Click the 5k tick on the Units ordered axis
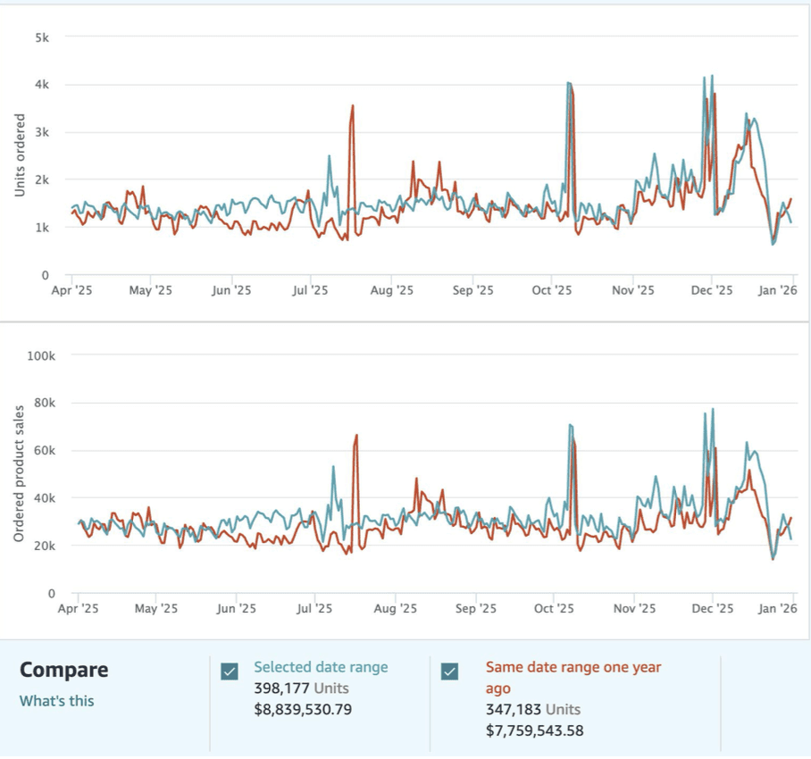(x=42, y=38)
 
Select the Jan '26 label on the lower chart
(x=777, y=608)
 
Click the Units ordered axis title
(x=19, y=155)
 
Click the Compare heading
(x=63, y=670)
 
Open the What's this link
(x=56, y=701)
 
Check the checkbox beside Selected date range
(x=230, y=671)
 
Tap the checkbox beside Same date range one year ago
(x=450, y=671)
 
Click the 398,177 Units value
(x=301, y=688)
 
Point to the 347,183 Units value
(x=532, y=710)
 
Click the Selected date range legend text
(x=321, y=667)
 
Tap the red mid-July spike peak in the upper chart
(x=353, y=105)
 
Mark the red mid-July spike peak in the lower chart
(x=356, y=435)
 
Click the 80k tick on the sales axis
(x=44, y=403)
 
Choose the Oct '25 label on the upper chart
(x=552, y=290)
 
